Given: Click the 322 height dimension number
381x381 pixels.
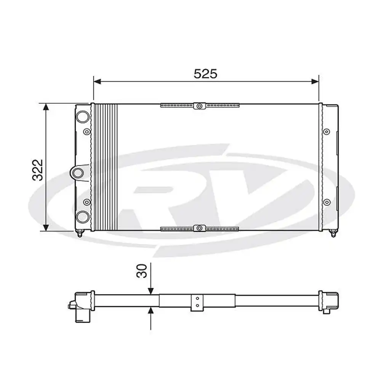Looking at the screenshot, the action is click(38, 170).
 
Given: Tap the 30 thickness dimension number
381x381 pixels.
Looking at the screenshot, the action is click(142, 271).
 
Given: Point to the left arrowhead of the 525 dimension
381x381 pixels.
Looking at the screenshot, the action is click(97, 82).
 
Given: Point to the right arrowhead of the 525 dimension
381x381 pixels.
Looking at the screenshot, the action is click(315, 82).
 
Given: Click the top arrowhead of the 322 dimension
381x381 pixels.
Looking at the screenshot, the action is click(46, 107).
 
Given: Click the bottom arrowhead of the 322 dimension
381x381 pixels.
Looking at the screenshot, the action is click(46, 227).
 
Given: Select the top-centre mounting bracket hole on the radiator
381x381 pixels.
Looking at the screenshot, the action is click(200, 106).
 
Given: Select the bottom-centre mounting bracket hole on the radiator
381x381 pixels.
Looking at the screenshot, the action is click(200, 228).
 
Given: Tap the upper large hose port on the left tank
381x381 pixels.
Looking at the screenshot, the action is click(83, 117).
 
